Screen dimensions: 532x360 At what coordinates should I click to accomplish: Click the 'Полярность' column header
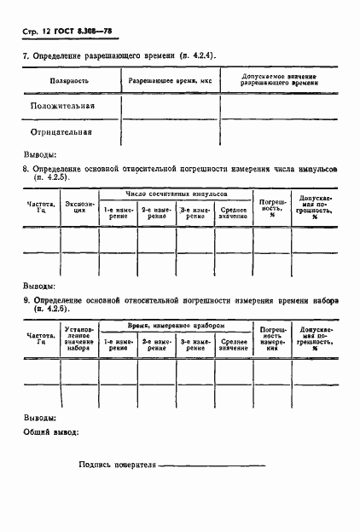pos(71,82)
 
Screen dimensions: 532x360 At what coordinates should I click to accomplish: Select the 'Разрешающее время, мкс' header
pos(171,82)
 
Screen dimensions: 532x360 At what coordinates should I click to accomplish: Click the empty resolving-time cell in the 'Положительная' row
pos(171,107)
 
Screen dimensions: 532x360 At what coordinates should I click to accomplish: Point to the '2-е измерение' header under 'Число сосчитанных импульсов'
pos(156,212)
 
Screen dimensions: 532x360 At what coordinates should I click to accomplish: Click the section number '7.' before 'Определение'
pos(26,56)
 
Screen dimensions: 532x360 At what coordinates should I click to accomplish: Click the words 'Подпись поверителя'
pos(118,465)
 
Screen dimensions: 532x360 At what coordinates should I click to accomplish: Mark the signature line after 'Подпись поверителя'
pos(213,466)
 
